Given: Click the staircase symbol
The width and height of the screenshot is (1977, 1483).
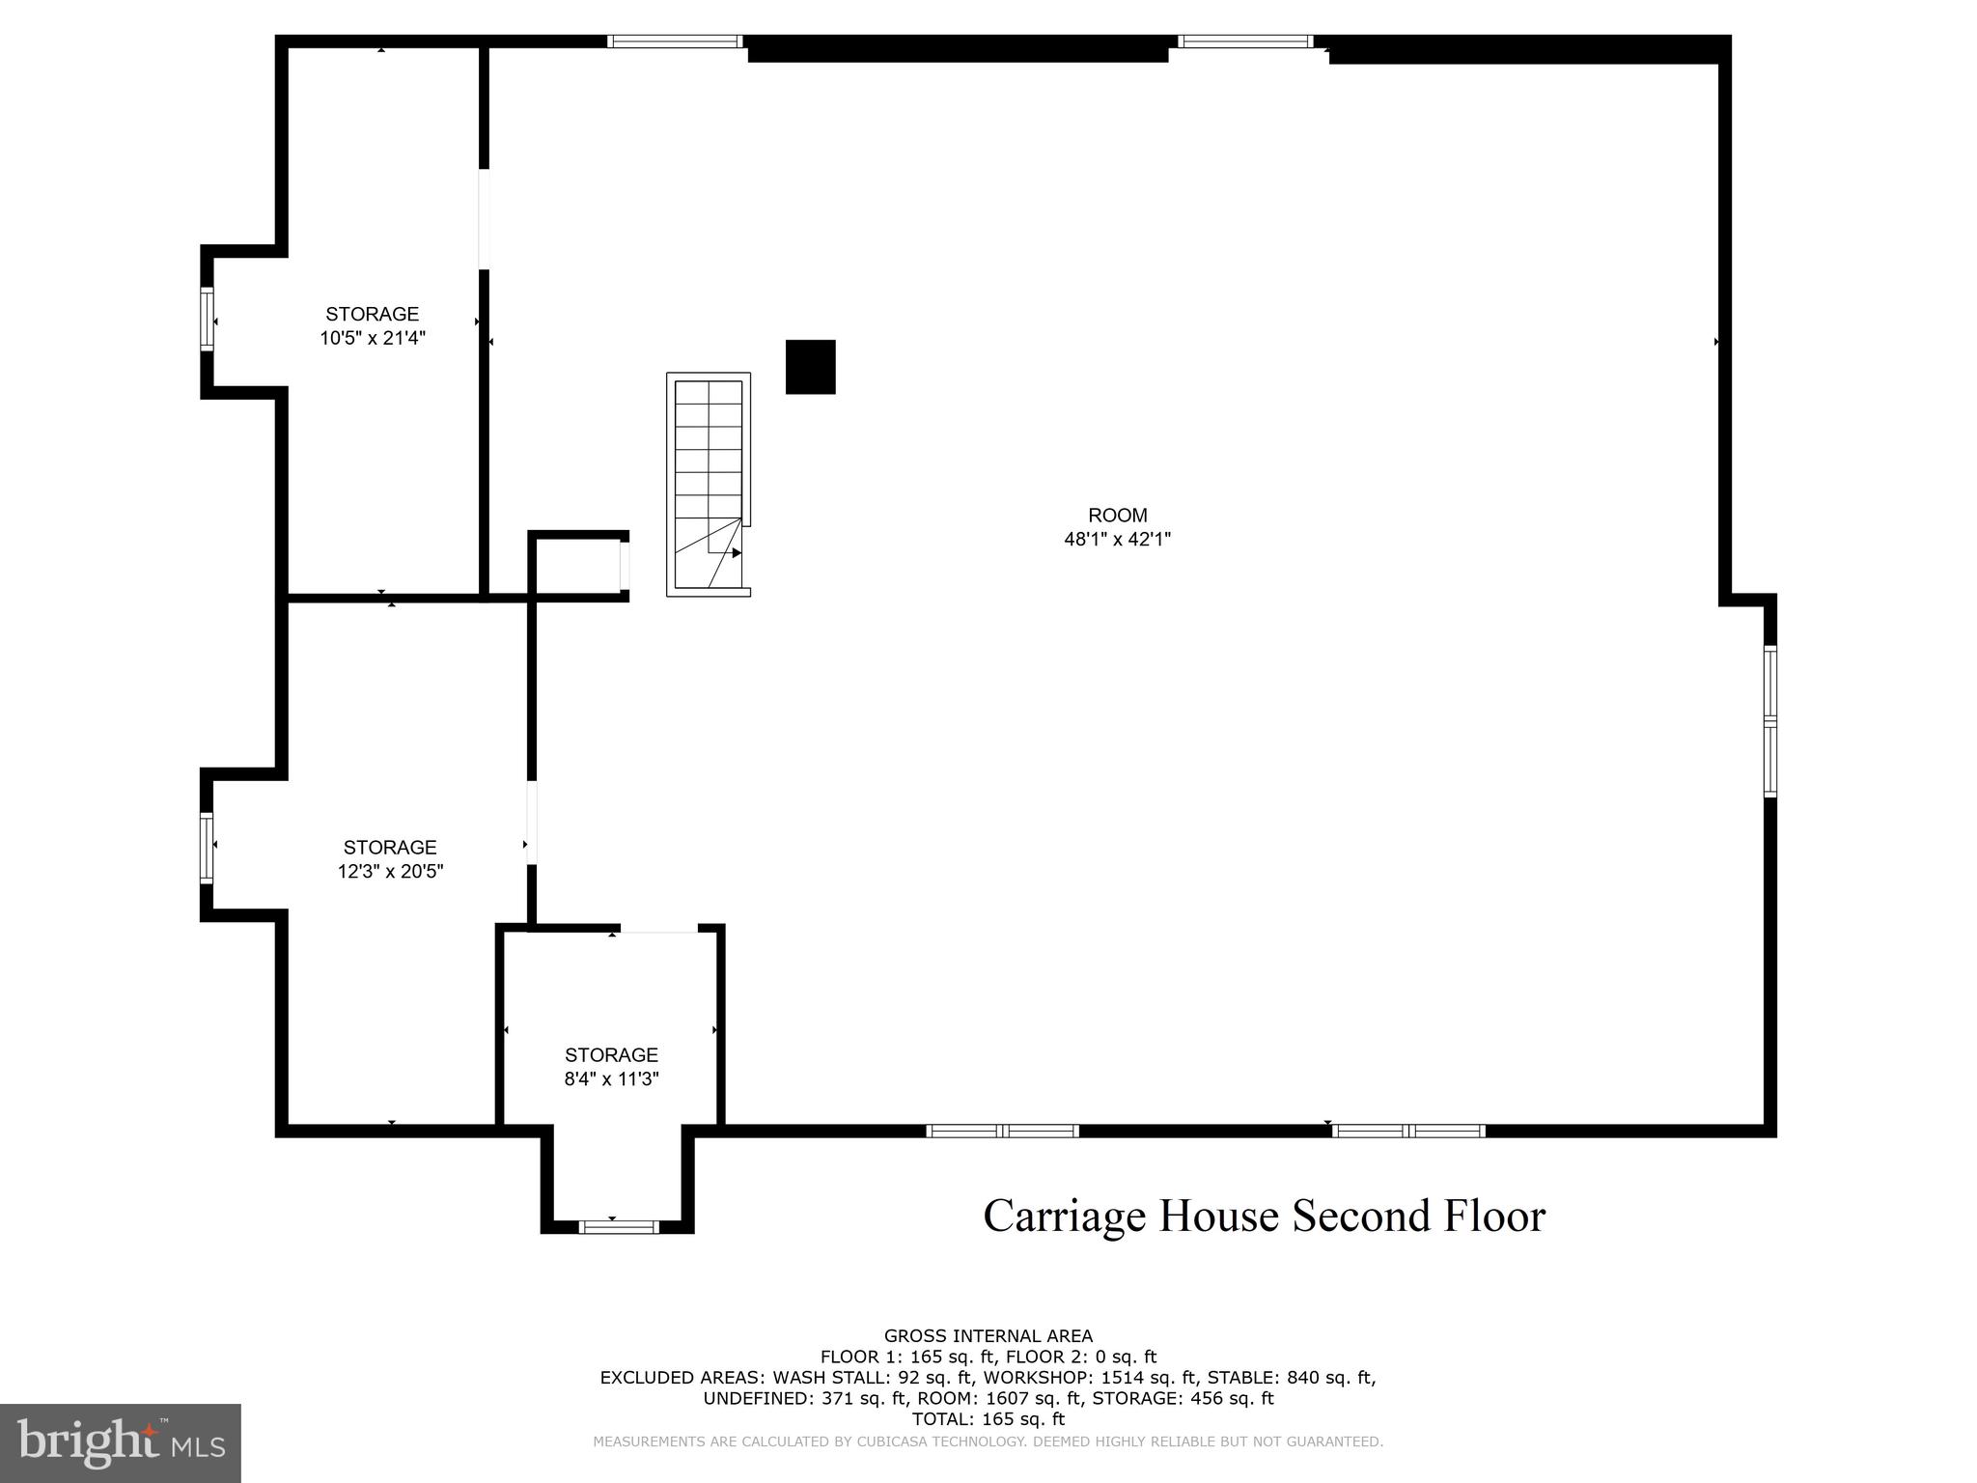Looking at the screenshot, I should coord(709,485).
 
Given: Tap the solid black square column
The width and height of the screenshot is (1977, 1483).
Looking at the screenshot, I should coord(810,367).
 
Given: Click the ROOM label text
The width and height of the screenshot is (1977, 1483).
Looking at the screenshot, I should coord(1117,516).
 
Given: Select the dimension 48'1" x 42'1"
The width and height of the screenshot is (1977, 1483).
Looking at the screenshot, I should coord(1117,540).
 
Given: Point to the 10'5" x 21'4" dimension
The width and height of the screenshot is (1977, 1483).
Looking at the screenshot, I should coord(373,338).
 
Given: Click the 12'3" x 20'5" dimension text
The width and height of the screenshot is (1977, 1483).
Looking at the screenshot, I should coord(390,872).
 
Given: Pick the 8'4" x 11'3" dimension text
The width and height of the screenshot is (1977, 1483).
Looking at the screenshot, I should coord(611,1079).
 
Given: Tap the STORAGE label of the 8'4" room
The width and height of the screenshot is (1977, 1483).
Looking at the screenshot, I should coord(611,1055).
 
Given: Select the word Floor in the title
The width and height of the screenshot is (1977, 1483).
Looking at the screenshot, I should coord(1494,1216).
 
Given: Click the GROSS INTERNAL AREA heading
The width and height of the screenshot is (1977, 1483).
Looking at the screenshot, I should coord(988,1336).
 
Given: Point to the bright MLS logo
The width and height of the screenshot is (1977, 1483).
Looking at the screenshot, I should coord(121,1443).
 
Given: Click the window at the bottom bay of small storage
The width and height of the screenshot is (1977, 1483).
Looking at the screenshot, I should coord(619,1227).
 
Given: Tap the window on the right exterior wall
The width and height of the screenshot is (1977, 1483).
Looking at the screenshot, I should coord(1769,721).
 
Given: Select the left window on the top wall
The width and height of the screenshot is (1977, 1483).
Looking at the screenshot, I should coord(675,42).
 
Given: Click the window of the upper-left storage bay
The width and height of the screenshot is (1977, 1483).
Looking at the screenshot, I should coord(207,318).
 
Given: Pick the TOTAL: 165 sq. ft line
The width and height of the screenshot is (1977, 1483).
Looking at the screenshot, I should coord(988,1419).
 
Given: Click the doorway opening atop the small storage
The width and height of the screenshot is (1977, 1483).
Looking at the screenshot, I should coord(658,930).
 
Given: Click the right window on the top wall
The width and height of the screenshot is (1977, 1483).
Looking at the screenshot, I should coord(1245,42).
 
